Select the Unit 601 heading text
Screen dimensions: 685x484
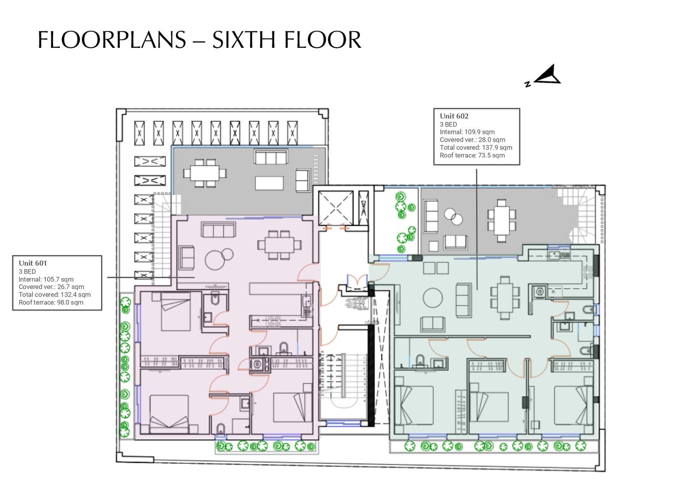tap(33, 263)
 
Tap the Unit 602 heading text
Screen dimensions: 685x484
tap(454, 116)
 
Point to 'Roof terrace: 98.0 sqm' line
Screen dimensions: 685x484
tap(51, 303)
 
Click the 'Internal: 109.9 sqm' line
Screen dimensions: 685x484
tap(467, 132)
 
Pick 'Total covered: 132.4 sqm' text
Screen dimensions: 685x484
tap(54, 295)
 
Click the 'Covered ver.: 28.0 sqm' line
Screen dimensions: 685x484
tap(473, 140)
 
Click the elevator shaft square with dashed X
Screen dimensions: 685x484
tap(336, 208)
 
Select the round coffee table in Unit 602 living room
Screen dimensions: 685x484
tap(432, 297)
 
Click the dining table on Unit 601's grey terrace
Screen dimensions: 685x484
tap(205, 173)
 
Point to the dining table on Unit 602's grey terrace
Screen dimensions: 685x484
tap(501, 220)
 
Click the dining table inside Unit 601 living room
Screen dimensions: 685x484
tap(279, 245)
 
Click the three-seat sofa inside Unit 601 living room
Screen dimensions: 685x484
tap(218, 230)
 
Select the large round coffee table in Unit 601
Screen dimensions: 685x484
tap(214, 260)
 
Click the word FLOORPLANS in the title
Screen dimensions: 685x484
tap(112, 40)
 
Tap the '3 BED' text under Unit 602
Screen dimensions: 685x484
tap(448, 125)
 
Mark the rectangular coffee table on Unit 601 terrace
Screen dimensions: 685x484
tap(269, 183)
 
